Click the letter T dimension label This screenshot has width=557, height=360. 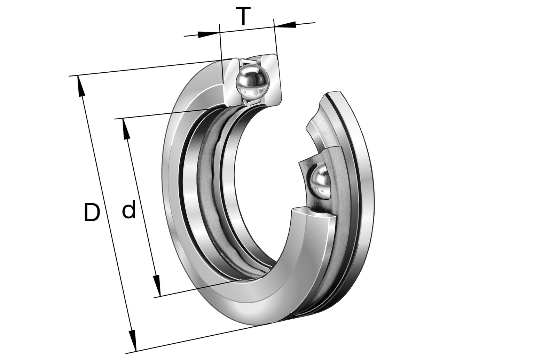pos(243,17)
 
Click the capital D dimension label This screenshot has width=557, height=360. pos(92,213)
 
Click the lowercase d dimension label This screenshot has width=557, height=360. pos(129,210)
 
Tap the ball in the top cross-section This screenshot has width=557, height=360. pos(252,82)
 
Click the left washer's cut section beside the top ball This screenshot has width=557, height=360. pos(231,82)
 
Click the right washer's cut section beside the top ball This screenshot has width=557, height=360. pos(272,78)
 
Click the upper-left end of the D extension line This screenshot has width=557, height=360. pos(70,76)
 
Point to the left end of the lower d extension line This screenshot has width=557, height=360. pos(155,297)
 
